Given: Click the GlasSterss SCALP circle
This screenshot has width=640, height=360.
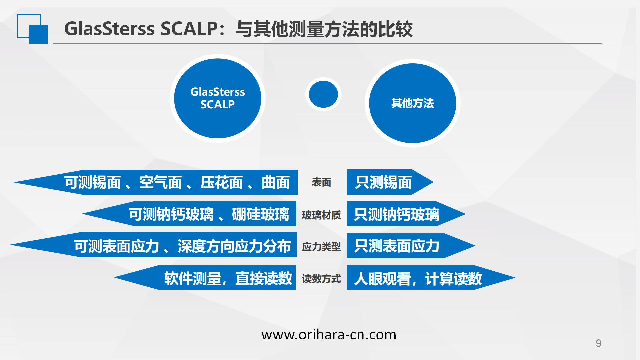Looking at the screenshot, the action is (x=217, y=98).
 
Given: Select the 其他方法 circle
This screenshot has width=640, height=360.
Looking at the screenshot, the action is (x=412, y=103).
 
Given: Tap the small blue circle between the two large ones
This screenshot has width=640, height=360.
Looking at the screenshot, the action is (x=323, y=94).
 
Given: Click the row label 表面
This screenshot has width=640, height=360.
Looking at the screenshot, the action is (x=321, y=182).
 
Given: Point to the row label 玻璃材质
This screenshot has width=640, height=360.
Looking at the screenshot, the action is (x=321, y=215).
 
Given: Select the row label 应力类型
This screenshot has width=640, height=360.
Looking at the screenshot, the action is (x=321, y=247).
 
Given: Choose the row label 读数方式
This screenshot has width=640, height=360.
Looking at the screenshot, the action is (x=321, y=279).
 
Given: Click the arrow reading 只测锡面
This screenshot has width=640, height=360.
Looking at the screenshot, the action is (x=390, y=182).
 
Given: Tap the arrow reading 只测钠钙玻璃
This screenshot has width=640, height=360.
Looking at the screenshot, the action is (x=406, y=214).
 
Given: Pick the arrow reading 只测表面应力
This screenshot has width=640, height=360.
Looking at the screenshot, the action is (x=411, y=246).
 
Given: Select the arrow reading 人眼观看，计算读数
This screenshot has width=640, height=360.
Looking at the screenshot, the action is (x=431, y=278).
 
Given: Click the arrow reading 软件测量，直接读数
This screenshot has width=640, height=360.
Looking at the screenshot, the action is (x=205, y=278).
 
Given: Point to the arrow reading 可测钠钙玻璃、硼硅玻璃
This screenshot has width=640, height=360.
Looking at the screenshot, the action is (x=189, y=214).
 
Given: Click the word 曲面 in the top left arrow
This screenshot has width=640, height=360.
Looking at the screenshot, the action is (x=276, y=182).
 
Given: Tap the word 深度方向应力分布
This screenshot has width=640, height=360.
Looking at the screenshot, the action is (x=234, y=246).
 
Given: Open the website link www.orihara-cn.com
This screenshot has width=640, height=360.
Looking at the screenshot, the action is (x=329, y=334).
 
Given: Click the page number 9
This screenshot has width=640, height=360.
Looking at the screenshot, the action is (x=598, y=343).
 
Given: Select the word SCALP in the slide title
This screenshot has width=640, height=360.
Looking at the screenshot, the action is (x=189, y=29).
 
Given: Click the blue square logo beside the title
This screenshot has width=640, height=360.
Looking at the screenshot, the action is (x=32, y=29).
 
